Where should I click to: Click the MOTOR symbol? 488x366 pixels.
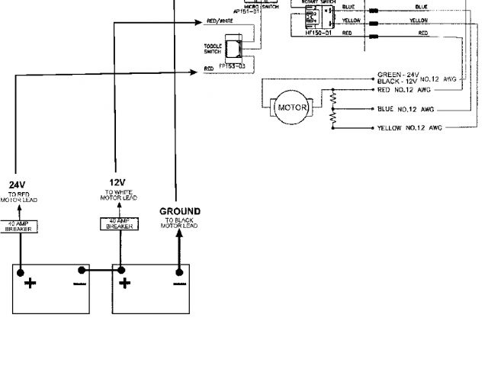pyautogui.click(x=292, y=108)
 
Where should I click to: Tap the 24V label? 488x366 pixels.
pyautogui.click(x=17, y=185)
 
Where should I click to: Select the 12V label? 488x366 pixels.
pyautogui.click(x=116, y=182)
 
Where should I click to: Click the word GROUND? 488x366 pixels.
pyautogui.click(x=179, y=211)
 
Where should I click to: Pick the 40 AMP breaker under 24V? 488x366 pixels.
pyautogui.click(x=18, y=226)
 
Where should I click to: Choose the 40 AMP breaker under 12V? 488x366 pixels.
pyautogui.click(x=119, y=223)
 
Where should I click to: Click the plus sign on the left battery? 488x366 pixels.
pyautogui.click(x=30, y=283)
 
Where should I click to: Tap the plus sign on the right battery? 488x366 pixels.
pyautogui.click(x=125, y=283)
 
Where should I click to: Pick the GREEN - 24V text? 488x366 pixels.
pyautogui.click(x=393, y=75)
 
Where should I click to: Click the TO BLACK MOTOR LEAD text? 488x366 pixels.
pyautogui.click(x=179, y=223)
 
